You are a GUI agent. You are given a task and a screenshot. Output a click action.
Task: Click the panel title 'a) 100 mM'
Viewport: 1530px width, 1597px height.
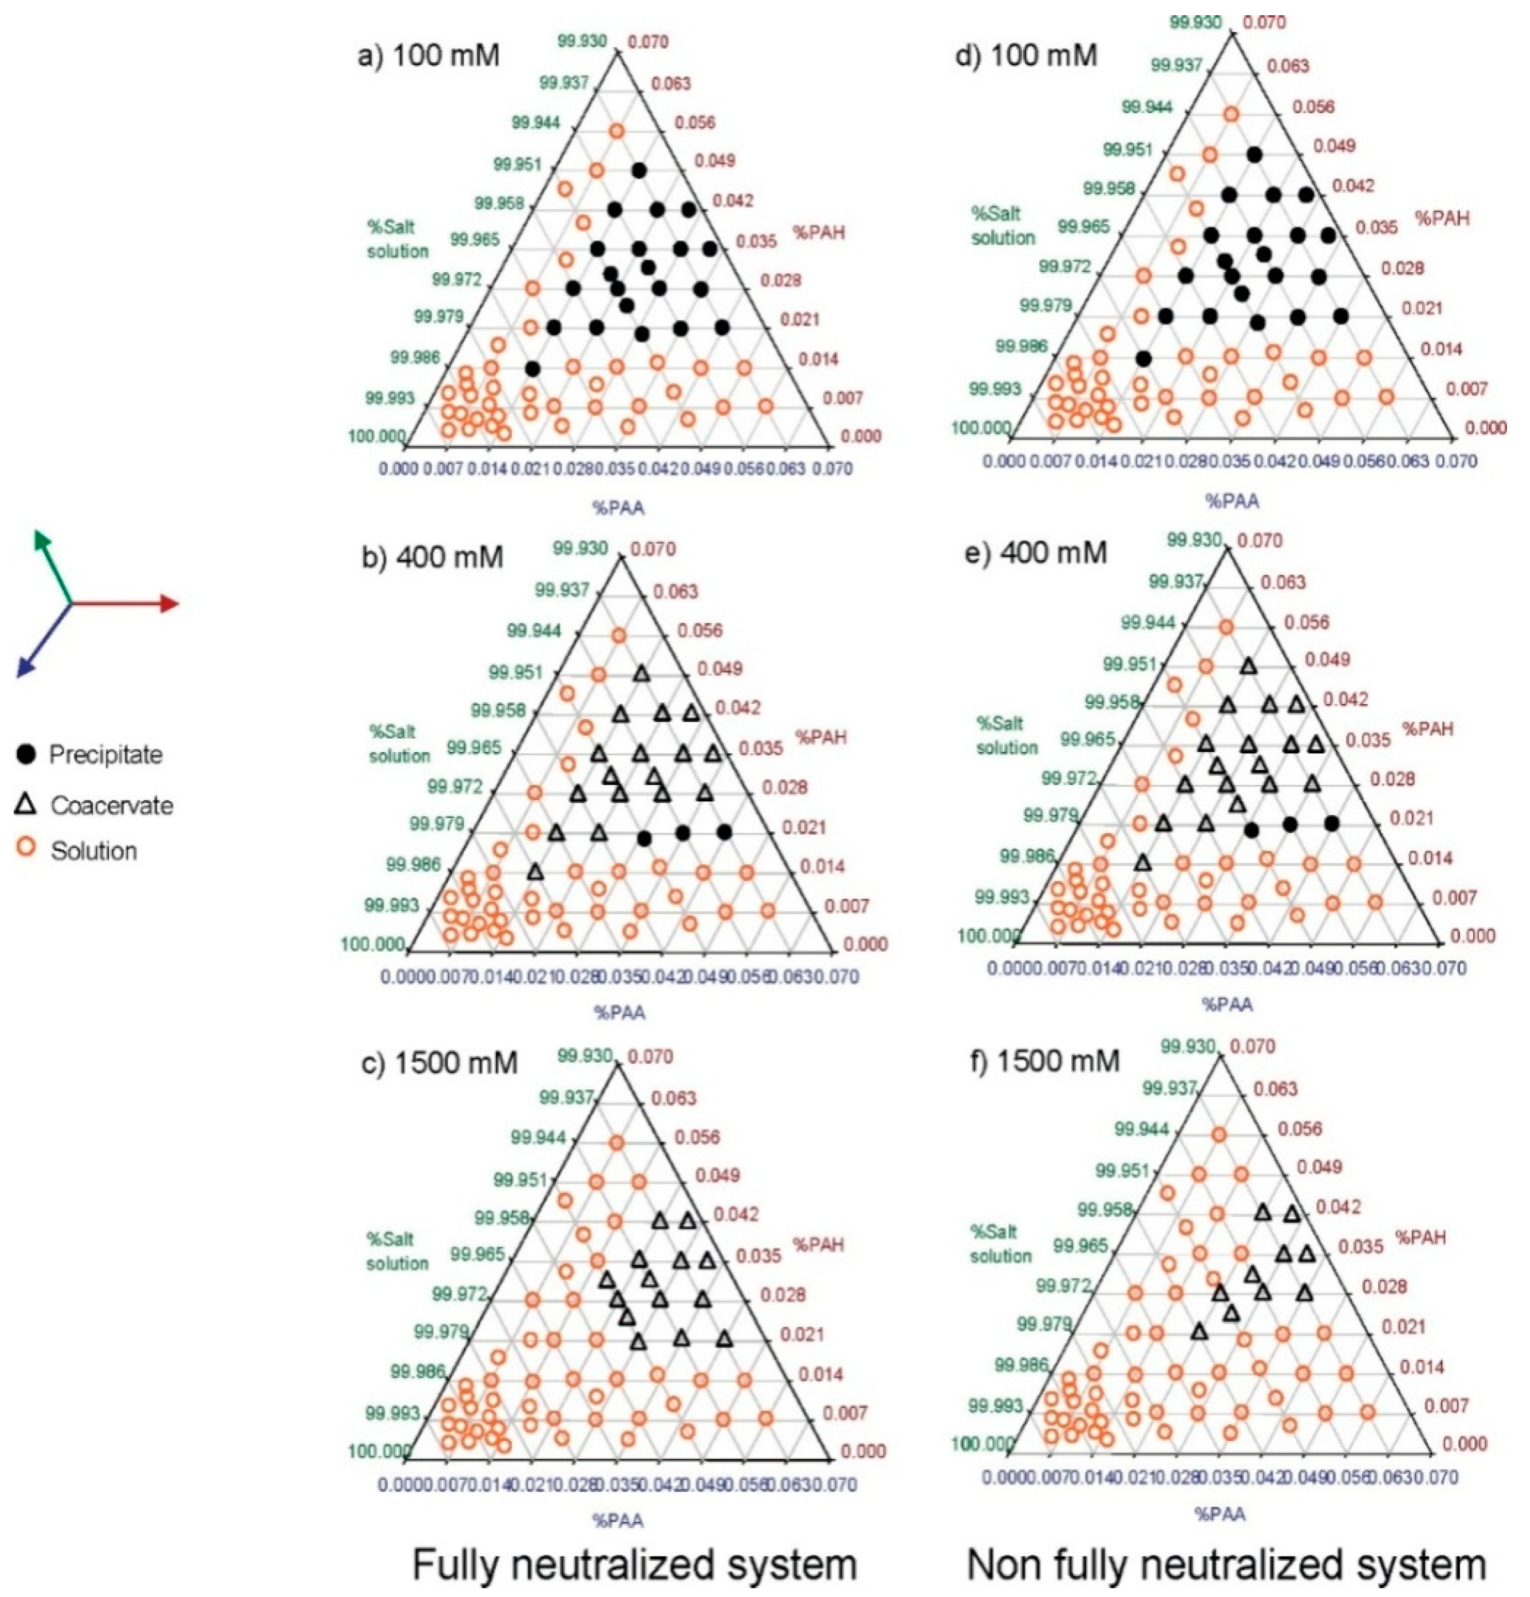pos(429,57)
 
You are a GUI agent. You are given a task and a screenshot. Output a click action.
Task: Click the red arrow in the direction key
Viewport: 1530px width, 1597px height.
pos(130,603)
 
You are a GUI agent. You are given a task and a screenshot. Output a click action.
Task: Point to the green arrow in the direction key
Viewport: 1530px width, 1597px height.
pos(51,562)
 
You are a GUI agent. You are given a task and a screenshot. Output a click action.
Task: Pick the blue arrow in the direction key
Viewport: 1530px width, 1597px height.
pos(41,644)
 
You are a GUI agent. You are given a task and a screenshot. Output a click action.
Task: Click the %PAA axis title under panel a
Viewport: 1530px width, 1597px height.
pos(618,508)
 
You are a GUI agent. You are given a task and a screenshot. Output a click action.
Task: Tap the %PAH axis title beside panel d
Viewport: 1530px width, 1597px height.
pos(1442,219)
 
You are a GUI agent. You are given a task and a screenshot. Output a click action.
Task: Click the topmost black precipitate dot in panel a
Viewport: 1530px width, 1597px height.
pos(639,170)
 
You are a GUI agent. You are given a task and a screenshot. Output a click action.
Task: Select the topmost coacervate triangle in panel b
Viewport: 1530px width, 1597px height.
pos(641,674)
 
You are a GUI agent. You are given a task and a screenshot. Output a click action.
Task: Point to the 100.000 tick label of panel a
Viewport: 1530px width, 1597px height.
pos(377,437)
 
